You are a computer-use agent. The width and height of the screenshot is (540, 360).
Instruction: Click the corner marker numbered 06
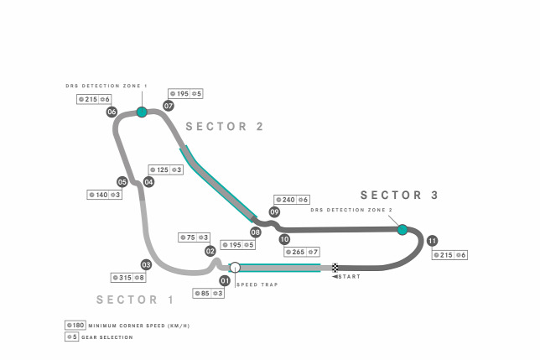click(112, 112)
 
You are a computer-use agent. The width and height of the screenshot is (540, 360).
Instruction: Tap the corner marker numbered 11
click(432, 241)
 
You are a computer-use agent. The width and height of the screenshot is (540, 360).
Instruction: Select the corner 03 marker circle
click(146, 264)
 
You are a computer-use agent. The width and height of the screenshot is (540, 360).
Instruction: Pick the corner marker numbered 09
click(274, 211)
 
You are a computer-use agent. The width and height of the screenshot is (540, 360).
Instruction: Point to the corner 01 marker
click(225, 281)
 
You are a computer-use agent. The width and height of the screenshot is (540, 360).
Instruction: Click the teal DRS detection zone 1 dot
click(142, 112)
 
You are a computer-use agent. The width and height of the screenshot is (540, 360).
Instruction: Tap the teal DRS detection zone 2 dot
click(402, 230)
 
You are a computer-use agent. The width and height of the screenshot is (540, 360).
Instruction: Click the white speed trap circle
click(235, 268)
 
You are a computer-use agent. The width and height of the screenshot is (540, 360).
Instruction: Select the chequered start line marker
click(335, 268)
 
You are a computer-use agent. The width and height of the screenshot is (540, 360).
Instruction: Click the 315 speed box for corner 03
click(128, 278)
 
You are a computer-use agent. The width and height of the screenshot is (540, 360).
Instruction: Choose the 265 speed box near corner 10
click(302, 252)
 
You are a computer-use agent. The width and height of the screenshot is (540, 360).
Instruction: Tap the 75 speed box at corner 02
click(194, 237)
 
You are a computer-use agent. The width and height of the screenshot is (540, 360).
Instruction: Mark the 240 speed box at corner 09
click(292, 200)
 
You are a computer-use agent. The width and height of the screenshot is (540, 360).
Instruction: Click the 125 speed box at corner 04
click(166, 170)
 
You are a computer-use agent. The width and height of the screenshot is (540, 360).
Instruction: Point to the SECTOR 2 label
click(225, 127)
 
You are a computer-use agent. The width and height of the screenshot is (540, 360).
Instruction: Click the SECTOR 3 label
click(399, 195)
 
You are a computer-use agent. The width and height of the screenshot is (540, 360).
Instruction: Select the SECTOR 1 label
click(135, 300)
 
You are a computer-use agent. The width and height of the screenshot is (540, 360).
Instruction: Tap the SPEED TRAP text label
click(257, 284)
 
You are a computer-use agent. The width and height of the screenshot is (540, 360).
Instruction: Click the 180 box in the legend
click(75, 326)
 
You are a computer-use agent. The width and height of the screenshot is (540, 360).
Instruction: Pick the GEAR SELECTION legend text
click(107, 337)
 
